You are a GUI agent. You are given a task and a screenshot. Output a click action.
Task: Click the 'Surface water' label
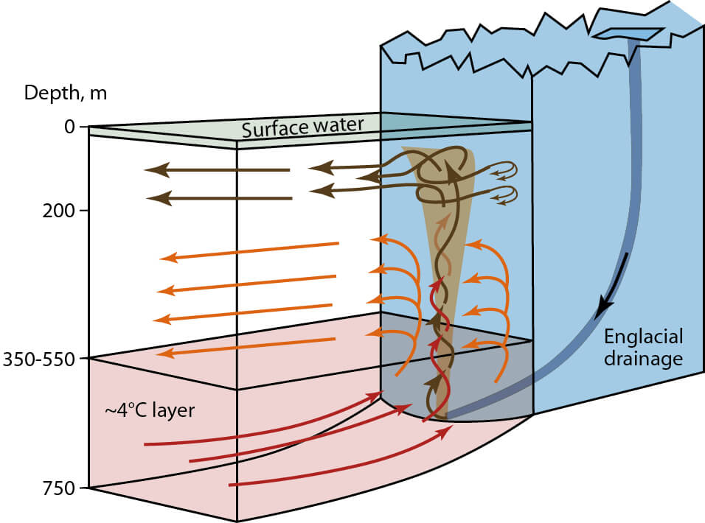click(x=302, y=127)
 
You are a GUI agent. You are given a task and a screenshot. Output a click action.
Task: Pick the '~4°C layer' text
click(x=150, y=410)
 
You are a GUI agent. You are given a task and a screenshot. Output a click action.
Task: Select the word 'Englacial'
click(x=644, y=337)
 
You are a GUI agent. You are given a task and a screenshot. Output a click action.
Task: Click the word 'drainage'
click(x=644, y=359)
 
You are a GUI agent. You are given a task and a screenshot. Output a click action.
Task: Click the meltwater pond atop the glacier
click(x=627, y=34)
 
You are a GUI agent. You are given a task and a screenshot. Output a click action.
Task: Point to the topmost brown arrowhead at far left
click(x=151, y=171)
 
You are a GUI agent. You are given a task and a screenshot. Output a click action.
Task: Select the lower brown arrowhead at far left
click(x=156, y=198)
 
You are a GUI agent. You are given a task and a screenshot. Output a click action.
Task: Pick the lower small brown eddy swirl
click(x=509, y=195)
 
